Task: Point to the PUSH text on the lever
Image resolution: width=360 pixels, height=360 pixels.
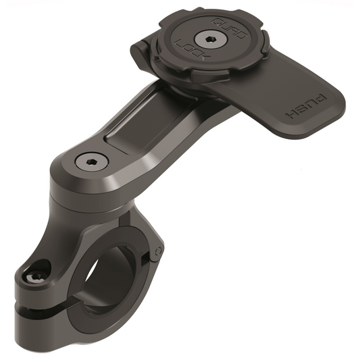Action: pos(310,107)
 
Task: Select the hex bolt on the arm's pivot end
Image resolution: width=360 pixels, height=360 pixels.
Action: pos(87,162)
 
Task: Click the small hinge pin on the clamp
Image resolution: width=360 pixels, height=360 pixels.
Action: pos(156,255)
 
